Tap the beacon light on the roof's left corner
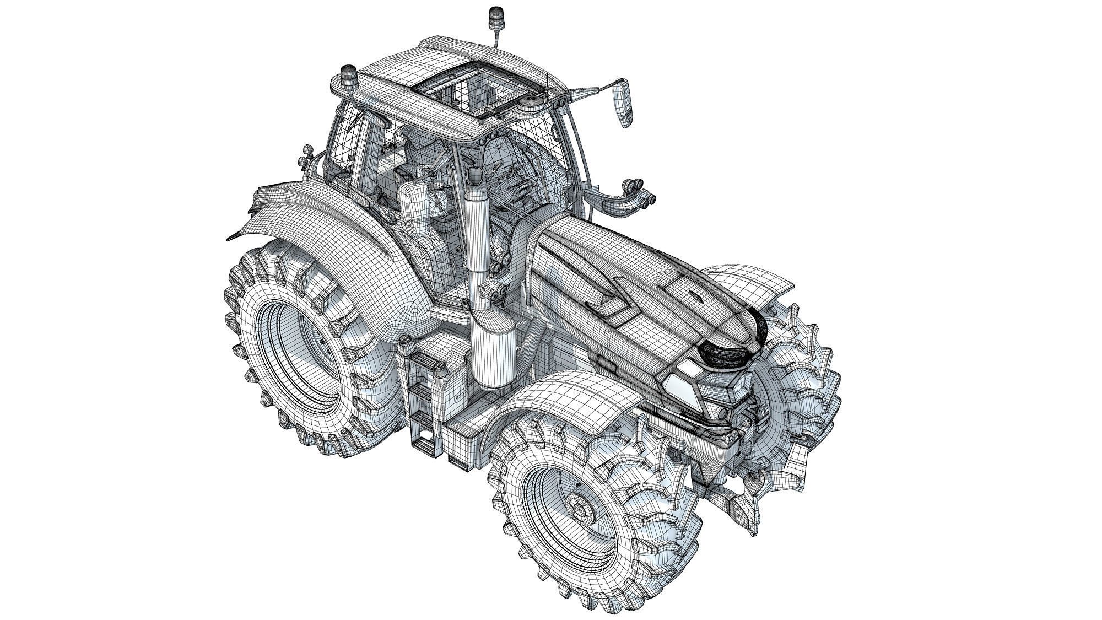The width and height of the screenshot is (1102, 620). pyautogui.click(x=349, y=75)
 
